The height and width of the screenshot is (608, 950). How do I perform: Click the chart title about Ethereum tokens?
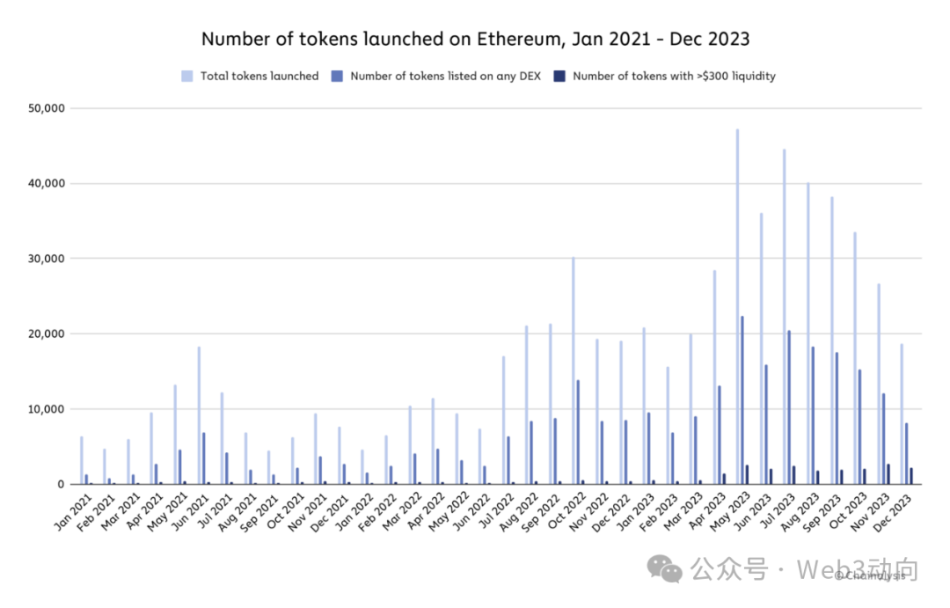(475, 39)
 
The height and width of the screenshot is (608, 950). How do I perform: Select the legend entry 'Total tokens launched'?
(259, 77)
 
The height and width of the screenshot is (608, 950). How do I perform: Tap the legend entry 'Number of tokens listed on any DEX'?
(444, 77)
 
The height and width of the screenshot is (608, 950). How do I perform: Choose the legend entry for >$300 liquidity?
(674, 77)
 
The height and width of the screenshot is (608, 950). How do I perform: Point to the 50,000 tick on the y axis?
(48, 108)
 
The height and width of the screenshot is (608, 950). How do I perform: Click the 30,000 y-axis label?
(48, 259)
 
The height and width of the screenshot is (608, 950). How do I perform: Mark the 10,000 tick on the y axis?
(48, 409)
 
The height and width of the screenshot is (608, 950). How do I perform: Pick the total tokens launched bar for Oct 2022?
(573, 370)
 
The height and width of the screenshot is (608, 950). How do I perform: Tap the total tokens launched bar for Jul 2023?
(784, 317)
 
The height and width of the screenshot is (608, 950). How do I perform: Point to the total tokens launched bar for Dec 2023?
(902, 414)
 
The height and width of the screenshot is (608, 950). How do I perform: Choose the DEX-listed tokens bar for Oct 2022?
(578, 432)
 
